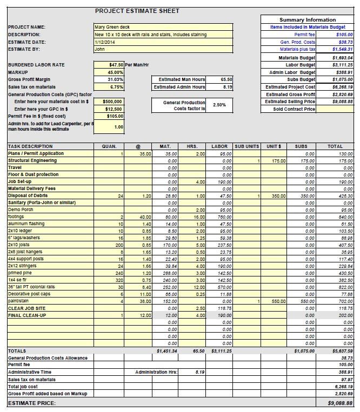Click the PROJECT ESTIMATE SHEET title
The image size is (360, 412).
coord(137,11)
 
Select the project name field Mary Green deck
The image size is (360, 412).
coord(163,27)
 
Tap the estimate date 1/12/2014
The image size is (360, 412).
coord(163,42)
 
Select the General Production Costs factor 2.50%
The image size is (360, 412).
coord(220,105)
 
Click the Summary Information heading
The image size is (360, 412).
coord(307,20)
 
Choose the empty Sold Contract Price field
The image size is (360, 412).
coord(335,109)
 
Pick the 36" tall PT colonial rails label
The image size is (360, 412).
coord(31,287)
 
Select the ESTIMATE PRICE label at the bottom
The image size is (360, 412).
coord(32,403)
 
